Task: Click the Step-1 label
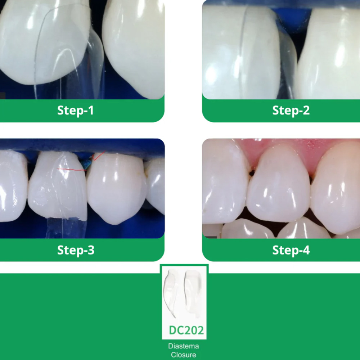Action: tap(75, 111)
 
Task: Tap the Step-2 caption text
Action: tap(291, 111)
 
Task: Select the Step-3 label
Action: tap(76, 250)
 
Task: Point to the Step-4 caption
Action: tap(291, 250)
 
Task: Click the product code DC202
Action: tap(186, 330)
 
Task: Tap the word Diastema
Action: tap(184, 346)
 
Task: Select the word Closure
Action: tap(184, 355)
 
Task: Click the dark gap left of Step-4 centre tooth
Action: tap(252, 173)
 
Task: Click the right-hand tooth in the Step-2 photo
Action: tap(329, 54)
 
